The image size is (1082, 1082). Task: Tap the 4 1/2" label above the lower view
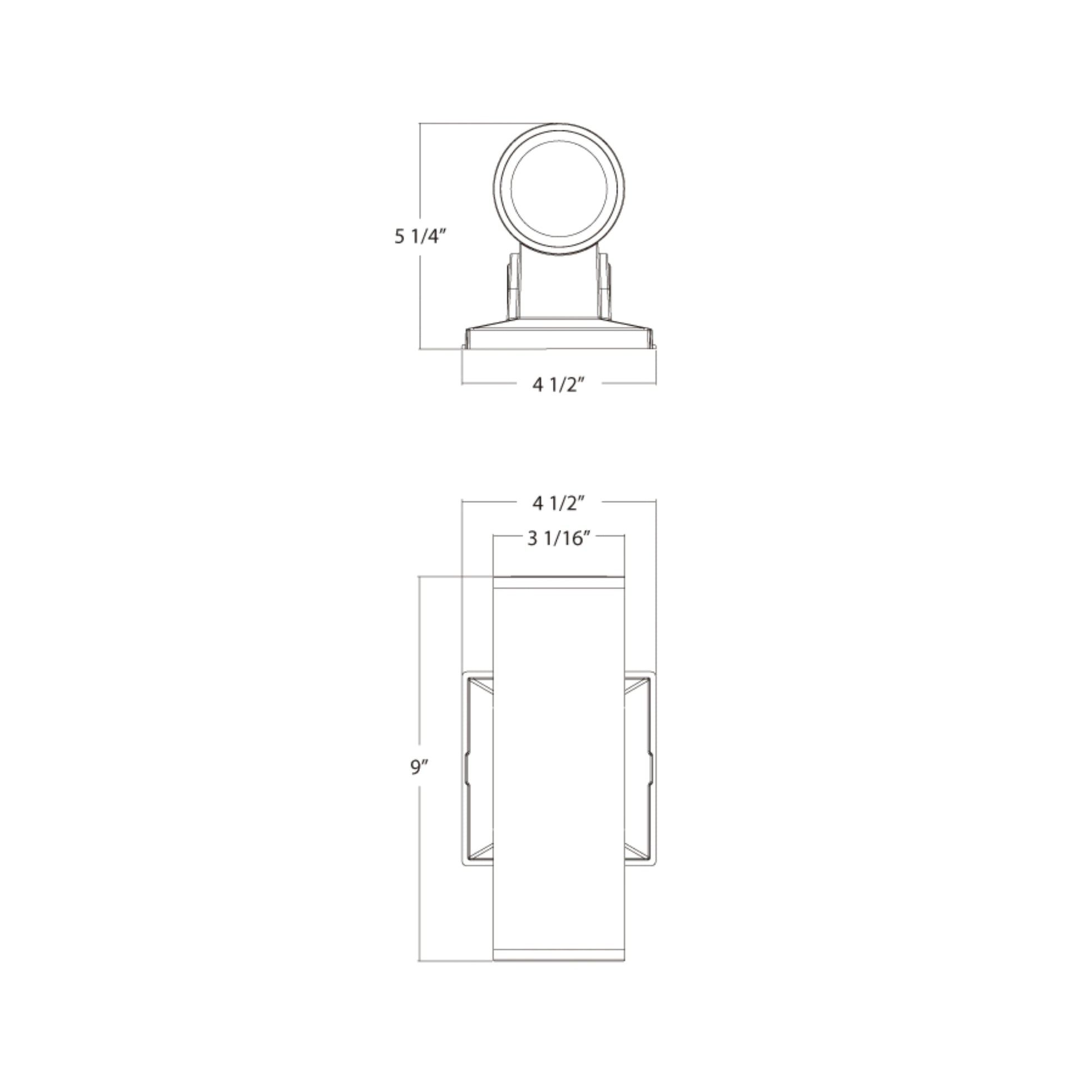pos(558,504)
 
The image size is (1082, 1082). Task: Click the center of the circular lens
pos(559,189)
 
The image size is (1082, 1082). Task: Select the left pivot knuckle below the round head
pos(514,286)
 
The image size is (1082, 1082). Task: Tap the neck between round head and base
pos(558,286)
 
